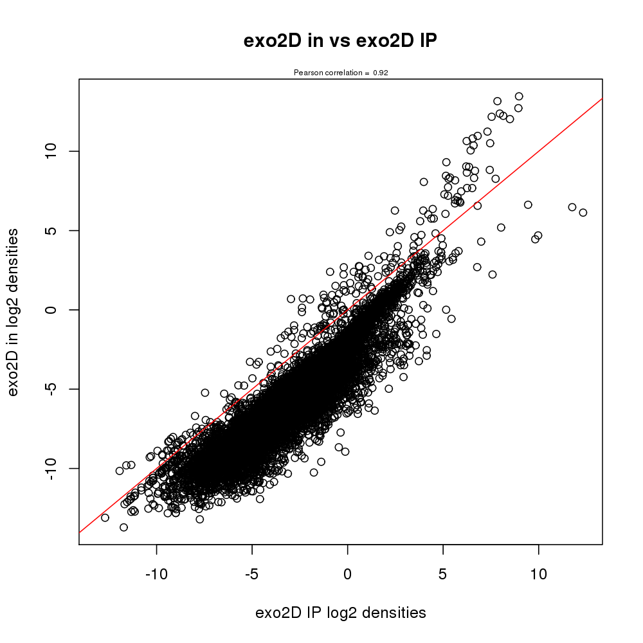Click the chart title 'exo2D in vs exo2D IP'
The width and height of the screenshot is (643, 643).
click(x=340, y=41)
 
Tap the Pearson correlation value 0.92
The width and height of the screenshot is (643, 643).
click(x=381, y=73)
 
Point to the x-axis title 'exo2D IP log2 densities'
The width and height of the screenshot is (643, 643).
click(x=340, y=613)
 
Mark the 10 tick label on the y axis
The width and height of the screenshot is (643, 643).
click(x=53, y=151)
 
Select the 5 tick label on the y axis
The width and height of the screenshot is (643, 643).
click(x=53, y=230)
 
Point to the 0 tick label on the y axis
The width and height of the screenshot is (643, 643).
click(x=53, y=309)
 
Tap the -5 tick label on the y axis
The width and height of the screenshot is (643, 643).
click(x=53, y=388)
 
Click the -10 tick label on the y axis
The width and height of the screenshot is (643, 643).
click(x=53, y=467)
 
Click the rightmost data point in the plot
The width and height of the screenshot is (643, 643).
click(x=583, y=212)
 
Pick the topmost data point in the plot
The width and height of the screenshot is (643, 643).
click(x=519, y=96)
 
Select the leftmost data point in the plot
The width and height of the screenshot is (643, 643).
click(x=105, y=518)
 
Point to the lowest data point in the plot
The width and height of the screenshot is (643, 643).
click(x=123, y=527)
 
